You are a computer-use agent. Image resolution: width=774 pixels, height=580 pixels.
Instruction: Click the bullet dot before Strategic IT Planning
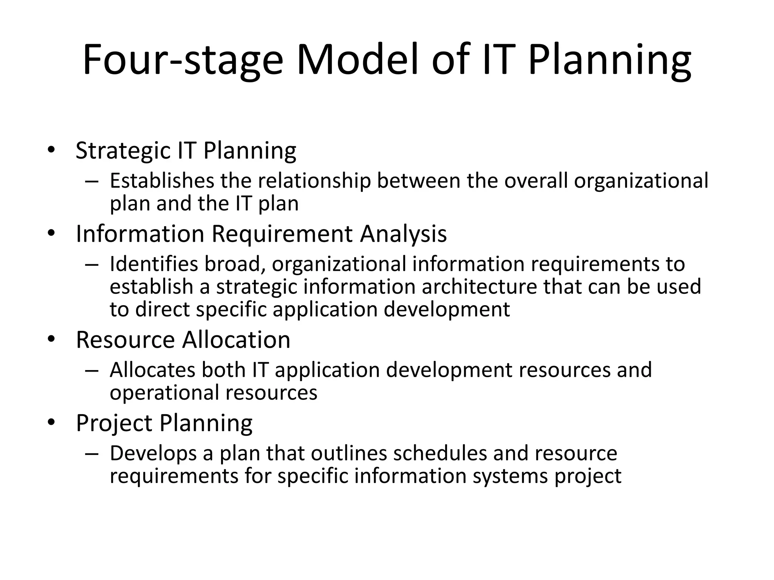tap(51, 150)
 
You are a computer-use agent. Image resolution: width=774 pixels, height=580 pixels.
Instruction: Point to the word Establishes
tap(162, 180)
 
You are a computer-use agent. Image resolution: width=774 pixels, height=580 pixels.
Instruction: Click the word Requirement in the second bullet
tap(282, 234)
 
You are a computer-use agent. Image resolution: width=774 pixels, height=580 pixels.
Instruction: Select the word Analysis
tap(403, 234)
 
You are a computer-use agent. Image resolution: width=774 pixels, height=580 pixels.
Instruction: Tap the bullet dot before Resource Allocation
tap(51, 339)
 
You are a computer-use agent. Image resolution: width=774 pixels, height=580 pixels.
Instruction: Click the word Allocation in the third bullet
tap(236, 339)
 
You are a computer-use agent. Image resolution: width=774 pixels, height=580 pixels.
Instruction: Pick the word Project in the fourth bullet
tap(114, 423)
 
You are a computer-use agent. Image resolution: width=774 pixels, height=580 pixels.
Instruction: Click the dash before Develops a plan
tap(91, 453)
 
